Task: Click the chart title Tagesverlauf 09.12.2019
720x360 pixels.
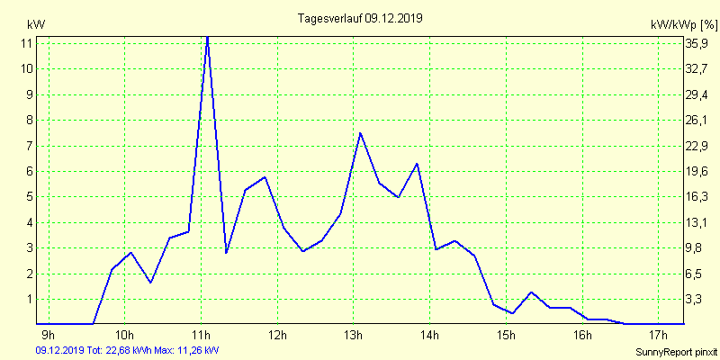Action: click(360, 18)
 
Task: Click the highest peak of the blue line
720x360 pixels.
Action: click(208, 37)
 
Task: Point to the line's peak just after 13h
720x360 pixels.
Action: click(360, 133)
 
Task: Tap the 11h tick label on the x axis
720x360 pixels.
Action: click(202, 337)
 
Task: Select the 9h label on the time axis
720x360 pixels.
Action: click(49, 337)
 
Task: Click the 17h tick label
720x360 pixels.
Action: click(660, 337)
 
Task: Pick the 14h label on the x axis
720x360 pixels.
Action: click(430, 337)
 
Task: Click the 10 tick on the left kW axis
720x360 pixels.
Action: click(27, 68)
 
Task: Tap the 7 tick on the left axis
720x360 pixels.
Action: click(29, 146)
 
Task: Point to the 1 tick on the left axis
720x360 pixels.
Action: click(29, 299)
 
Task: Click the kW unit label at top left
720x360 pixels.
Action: click(36, 24)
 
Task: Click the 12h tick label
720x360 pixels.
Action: click(278, 337)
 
